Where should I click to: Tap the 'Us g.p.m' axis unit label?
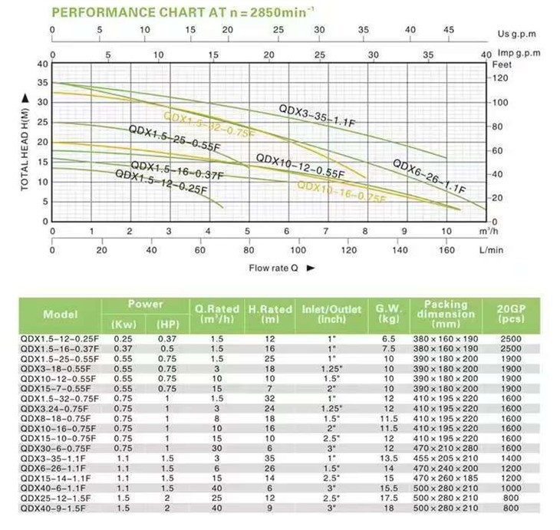point(515,33)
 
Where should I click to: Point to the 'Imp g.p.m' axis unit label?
point(519,54)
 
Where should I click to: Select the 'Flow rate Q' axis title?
point(276,268)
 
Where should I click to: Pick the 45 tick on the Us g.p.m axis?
point(449,30)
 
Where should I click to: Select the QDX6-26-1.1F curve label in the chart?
point(429,176)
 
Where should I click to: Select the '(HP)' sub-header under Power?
point(166,322)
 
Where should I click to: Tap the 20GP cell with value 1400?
point(509,458)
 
